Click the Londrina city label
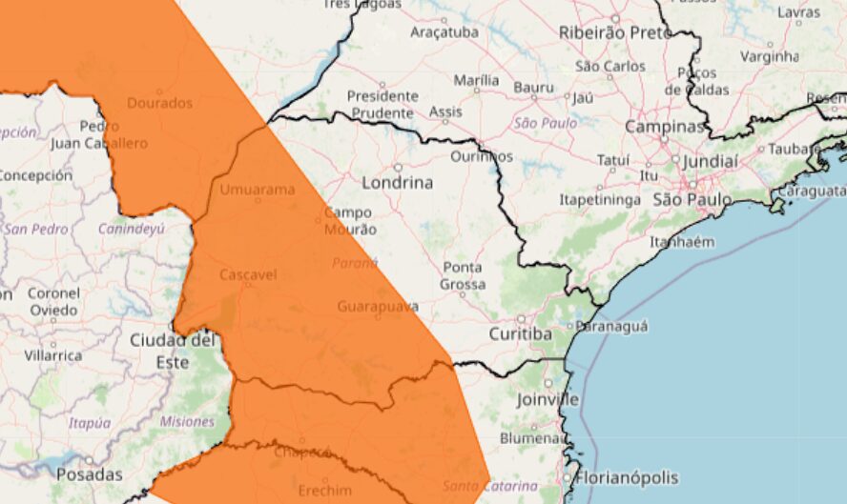click(398, 182)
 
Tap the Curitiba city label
click(520, 334)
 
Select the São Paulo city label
click(692, 200)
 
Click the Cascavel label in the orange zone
click(248, 274)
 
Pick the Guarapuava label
click(378, 307)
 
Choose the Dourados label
click(159, 103)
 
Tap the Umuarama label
click(258, 190)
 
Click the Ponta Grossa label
click(462, 275)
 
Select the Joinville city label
click(547, 399)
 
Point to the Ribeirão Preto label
click(615, 32)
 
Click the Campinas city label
click(665, 127)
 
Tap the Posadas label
click(90, 474)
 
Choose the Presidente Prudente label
click(382, 104)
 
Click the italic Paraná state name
click(355, 263)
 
